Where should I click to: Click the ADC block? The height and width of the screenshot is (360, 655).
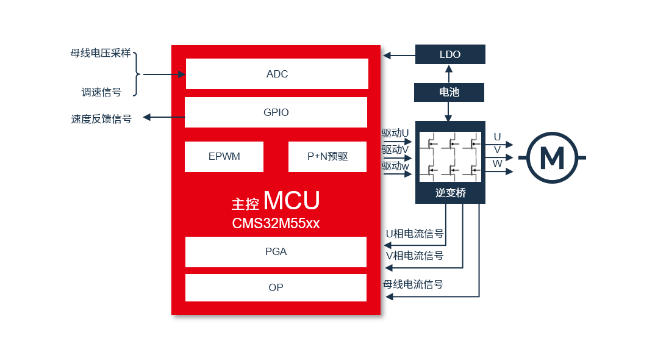(277, 74)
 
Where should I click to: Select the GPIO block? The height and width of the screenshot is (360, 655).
(276, 112)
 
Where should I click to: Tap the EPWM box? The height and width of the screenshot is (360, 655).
(224, 156)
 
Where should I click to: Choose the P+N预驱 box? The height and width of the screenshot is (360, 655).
(327, 156)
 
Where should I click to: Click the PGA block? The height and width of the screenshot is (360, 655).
(276, 252)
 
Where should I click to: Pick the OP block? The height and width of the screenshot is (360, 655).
(276, 287)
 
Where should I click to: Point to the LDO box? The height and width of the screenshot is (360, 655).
(450, 54)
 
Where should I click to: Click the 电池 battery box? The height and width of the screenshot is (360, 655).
(449, 92)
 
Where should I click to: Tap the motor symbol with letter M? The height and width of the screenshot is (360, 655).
(553, 157)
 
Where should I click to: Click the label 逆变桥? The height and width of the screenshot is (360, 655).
(450, 193)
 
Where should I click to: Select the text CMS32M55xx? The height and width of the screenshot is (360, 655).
(276, 223)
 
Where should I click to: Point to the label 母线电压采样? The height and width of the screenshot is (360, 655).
(101, 53)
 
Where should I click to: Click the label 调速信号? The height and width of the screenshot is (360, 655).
(101, 92)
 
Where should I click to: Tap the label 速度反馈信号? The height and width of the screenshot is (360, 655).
(101, 119)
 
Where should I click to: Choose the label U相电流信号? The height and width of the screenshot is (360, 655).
(414, 234)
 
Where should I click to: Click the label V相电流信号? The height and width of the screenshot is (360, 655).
(414, 256)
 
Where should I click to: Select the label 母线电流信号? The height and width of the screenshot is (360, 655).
(413, 284)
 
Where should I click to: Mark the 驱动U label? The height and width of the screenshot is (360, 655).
(395, 134)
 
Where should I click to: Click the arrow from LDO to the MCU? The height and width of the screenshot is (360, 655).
(399, 55)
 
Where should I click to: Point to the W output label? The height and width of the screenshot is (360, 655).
(497, 164)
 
